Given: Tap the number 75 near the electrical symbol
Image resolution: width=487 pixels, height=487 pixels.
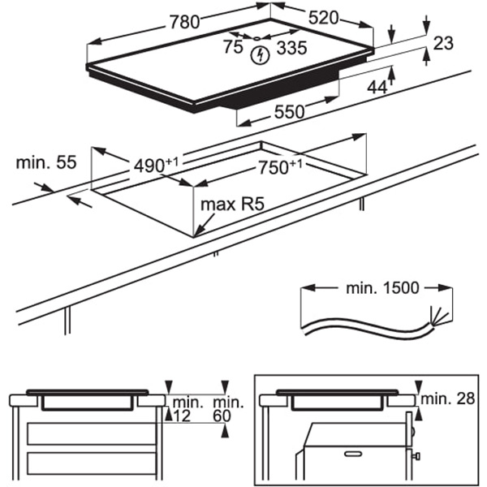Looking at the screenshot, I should [x=233, y=48].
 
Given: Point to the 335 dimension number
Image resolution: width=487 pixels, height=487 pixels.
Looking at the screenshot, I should [x=291, y=49].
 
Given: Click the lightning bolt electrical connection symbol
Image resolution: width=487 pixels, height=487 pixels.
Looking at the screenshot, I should [x=260, y=56].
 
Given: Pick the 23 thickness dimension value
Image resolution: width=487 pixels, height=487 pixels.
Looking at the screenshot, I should [x=443, y=44].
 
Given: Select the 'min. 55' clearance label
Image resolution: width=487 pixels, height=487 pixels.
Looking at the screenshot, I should [x=45, y=162].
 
